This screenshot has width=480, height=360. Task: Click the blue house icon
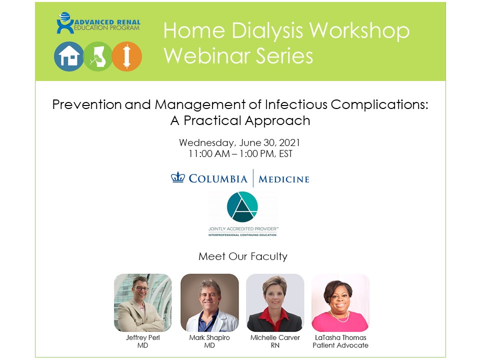(x=69, y=56)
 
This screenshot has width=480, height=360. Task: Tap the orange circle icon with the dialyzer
(x=126, y=56)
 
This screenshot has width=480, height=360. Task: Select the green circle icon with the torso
(x=98, y=56)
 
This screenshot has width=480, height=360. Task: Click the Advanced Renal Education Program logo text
(x=107, y=25)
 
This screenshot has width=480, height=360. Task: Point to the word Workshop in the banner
(x=359, y=30)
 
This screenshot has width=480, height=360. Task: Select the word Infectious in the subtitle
(x=296, y=104)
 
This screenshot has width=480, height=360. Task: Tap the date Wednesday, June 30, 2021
(x=239, y=142)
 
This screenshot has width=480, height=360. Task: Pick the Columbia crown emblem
(x=178, y=177)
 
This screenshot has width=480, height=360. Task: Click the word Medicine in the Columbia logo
(x=284, y=179)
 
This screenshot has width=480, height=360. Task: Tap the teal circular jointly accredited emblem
(x=242, y=206)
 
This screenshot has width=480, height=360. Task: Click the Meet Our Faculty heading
(x=243, y=256)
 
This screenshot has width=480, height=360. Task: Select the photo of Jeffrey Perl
(x=143, y=303)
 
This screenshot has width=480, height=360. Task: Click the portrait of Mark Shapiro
(x=209, y=303)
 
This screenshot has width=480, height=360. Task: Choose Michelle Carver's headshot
(x=275, y=303)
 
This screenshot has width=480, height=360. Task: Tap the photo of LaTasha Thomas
(x=340, y=303)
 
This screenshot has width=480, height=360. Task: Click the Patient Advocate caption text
(x=340, y=345)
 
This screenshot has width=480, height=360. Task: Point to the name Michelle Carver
(x=275, y=337)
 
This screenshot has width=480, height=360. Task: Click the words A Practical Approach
(x=240, y=120)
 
